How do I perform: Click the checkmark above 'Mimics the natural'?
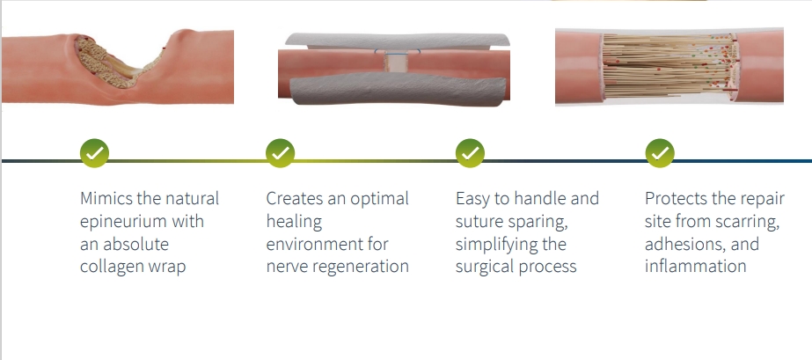[x=94, y=153]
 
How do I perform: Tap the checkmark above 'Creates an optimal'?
[x=280, y=153]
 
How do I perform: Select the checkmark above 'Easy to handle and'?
[x=470, y=153]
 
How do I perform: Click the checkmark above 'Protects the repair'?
[x=660, y=153]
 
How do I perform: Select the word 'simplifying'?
[x=494, y=245]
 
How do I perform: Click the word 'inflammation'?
[x=696, y=266]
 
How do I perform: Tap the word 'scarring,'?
[x=747, y=222]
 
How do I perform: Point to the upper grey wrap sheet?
[x=397, y=40]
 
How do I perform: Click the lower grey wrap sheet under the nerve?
[x=397, y=89]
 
